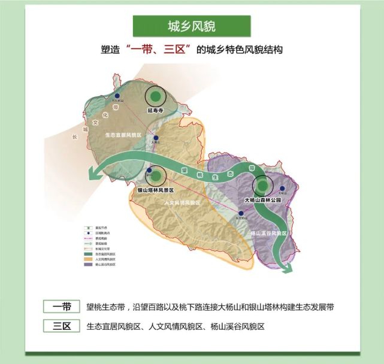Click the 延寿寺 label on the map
155,111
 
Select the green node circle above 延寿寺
156,96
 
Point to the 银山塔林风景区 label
155,190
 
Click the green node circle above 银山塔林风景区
157,176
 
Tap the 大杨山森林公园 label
262,199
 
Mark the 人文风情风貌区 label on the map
182,204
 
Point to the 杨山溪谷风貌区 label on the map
268,232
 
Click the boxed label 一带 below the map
62,307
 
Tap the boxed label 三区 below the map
62,326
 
